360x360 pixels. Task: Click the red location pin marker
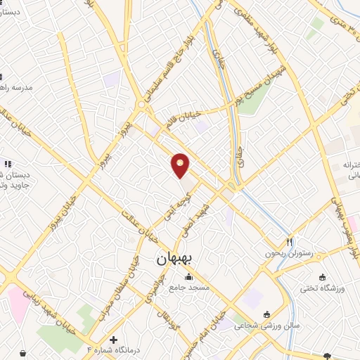[x=181, y=166]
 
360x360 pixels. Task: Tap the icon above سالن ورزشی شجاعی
[x=266, y=314]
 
